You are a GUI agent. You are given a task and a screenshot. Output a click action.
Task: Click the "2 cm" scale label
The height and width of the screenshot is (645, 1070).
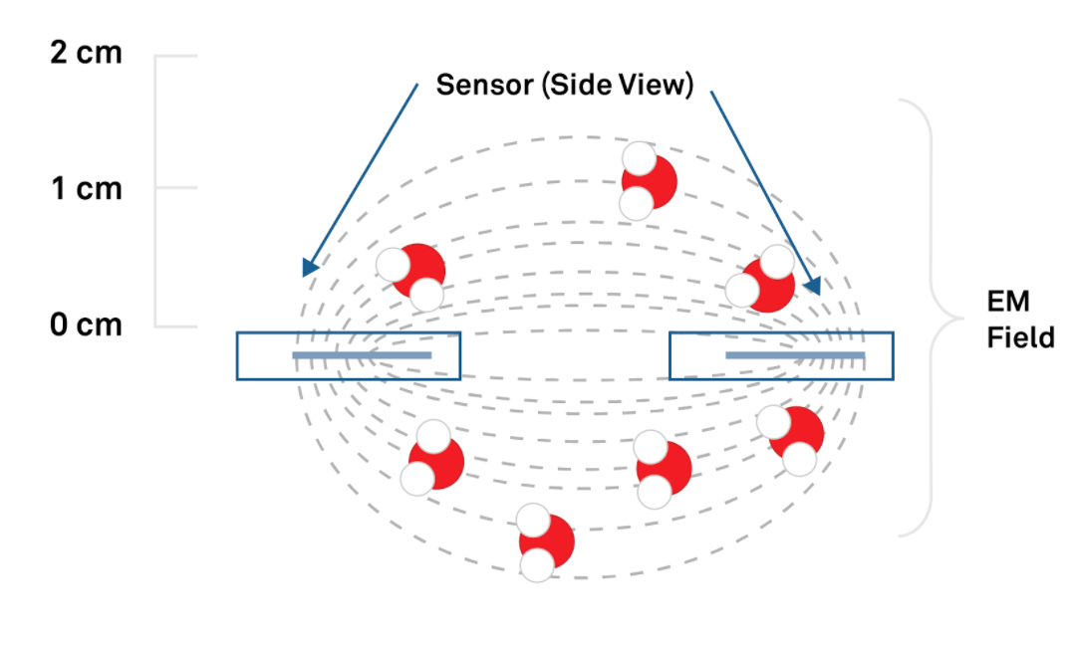86,52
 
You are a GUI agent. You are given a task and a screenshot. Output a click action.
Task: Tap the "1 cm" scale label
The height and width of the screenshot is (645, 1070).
86,187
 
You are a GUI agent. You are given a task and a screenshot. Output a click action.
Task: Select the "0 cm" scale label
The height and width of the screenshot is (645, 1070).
86,324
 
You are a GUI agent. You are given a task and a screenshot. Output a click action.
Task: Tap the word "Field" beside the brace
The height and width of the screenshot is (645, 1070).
1020,337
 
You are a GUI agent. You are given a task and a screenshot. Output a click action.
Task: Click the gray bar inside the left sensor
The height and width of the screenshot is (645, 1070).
361,355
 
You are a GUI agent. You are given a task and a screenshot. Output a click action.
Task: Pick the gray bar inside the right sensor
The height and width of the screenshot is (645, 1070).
794,355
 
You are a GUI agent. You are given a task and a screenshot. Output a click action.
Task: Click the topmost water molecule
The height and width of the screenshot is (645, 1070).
645,181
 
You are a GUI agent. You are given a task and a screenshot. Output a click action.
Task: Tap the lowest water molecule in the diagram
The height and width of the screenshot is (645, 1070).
543,542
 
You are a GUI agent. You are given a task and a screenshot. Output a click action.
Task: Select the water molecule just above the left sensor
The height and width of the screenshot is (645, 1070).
411,275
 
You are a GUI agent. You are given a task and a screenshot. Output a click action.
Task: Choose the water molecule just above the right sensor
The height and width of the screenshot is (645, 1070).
762,281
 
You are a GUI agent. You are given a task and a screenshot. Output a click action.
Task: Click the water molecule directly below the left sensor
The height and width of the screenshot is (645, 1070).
433,459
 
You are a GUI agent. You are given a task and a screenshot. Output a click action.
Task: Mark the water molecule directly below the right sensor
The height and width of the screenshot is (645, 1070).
792,438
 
